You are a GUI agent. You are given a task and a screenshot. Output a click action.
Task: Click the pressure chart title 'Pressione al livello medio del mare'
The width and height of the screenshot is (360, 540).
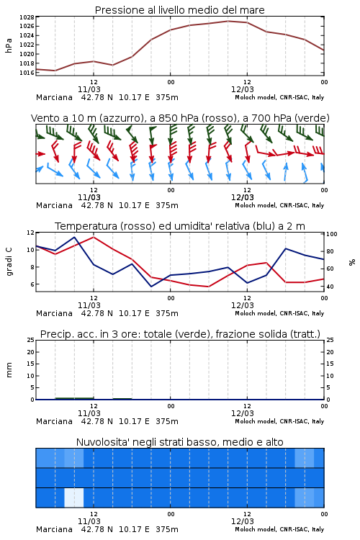(179, 10)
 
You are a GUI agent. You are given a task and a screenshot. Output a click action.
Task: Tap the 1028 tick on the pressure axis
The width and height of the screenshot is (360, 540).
(27, 17)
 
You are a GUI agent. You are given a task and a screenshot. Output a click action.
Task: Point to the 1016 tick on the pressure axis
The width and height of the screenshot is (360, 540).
(27, 73)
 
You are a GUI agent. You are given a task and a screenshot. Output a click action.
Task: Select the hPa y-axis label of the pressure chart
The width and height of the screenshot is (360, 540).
(9, 45)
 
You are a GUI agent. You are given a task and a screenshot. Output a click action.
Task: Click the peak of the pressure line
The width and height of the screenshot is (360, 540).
(228, 21)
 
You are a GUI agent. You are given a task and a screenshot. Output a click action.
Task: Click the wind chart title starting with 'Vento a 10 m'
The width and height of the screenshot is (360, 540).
(180, 118)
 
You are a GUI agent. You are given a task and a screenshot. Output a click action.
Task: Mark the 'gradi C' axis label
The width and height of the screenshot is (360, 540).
(9, 262)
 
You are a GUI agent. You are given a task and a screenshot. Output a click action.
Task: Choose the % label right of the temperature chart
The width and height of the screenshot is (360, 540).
(352, 262)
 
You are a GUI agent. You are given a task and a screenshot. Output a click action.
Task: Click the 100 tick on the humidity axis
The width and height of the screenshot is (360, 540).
(332, 234)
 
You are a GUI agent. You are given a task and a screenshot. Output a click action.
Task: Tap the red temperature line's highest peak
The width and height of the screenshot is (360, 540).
(94, 237)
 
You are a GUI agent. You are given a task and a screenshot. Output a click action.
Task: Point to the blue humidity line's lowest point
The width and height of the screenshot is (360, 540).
(151, 287)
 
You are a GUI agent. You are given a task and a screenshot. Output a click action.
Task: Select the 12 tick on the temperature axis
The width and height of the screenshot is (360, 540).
(31, 233)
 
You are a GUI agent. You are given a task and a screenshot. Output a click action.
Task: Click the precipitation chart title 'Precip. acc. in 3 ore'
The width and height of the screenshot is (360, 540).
(180, 334)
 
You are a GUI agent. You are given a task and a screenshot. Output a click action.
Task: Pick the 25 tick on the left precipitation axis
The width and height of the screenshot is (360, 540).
(31, 340)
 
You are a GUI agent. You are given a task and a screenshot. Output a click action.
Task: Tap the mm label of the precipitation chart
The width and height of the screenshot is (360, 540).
(9, 370)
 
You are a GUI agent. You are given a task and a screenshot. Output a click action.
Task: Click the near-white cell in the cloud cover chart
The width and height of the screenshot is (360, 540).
(74, 498)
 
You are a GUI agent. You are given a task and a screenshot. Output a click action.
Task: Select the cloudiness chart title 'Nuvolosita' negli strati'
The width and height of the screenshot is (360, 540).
(179, 442)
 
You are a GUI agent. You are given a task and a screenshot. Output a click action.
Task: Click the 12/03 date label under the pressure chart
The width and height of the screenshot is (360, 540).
(243, 89)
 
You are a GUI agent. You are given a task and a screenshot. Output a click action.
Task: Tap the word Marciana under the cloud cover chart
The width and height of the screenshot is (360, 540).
(54, 529)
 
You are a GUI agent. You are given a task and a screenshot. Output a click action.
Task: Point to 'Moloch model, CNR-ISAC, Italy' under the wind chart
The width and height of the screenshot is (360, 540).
(279, 205)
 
